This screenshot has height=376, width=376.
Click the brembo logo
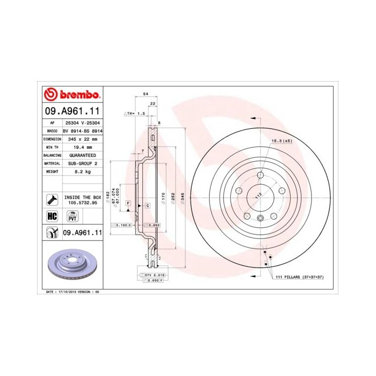tap(72, 95)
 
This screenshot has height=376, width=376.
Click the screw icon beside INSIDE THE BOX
tap(52, 200)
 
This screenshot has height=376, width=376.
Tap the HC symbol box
tap(52, 216)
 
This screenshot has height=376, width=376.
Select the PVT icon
tap(72, 216)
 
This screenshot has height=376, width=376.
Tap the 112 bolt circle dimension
tap(256, 197)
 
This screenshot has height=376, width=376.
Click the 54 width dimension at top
tap(145, 94)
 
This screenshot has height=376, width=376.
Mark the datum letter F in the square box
tap(128, 203)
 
